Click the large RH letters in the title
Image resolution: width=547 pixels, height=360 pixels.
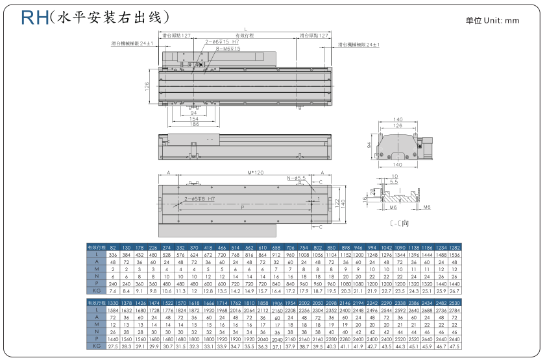click(x=34, y=17)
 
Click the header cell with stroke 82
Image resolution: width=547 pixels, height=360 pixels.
click(x=113, y=248)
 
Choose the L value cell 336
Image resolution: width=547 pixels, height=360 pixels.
click(x=113, y=255)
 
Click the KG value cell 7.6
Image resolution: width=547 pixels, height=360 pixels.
click(x=113, y=291)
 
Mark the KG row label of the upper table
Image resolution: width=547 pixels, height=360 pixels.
click(x=95, y=291)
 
